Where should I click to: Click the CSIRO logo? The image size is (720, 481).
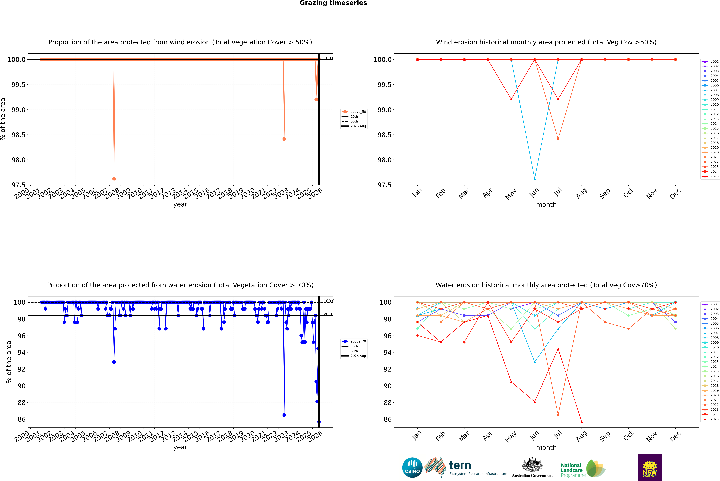412,468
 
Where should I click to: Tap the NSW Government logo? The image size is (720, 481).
650,468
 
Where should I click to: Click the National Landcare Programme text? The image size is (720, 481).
571,470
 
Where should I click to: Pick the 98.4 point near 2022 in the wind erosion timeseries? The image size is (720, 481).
284,139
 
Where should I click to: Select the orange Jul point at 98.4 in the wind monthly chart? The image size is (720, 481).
558,139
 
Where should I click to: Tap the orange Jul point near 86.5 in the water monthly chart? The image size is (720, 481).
558,415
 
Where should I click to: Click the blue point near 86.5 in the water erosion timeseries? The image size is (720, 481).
284,415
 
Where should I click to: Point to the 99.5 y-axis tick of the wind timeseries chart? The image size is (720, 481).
18,85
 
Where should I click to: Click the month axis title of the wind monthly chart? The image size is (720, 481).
546,205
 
